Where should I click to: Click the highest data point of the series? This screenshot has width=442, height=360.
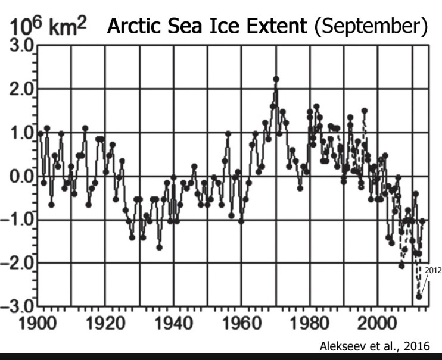pos(276,79)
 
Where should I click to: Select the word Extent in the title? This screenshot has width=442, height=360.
pos(269,27)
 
